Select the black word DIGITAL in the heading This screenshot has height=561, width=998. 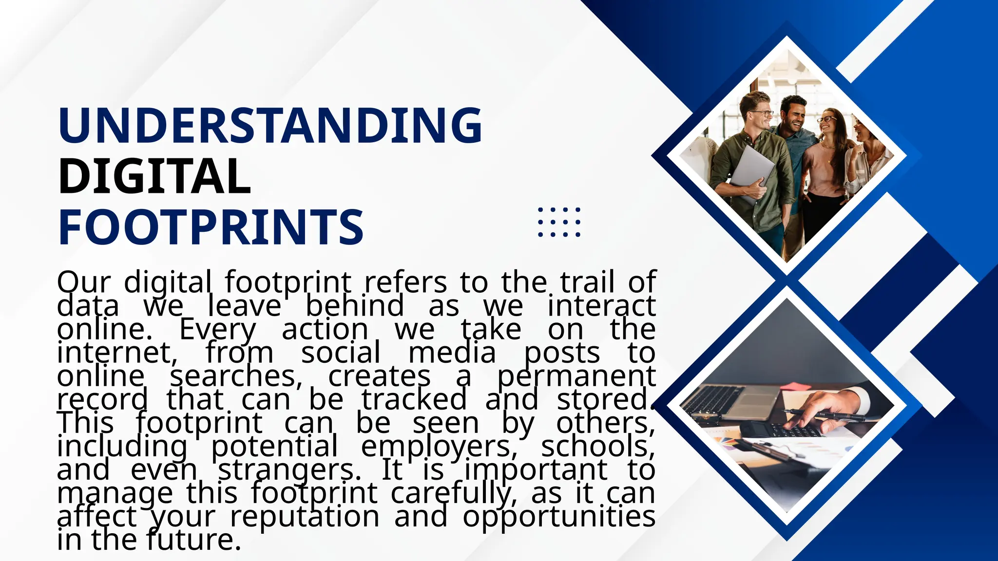coord(154,176)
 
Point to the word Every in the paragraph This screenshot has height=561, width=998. coord(217,330)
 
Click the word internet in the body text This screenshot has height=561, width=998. coord(117,353)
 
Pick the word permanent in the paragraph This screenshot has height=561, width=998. coord(576,377)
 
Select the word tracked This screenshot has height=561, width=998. coord(414,400)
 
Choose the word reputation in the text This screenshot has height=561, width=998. coord(305,517)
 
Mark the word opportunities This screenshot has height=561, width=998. coord(558,517)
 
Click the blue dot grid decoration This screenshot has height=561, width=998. coord(559,222)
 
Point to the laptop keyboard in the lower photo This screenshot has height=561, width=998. coord(716,399)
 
